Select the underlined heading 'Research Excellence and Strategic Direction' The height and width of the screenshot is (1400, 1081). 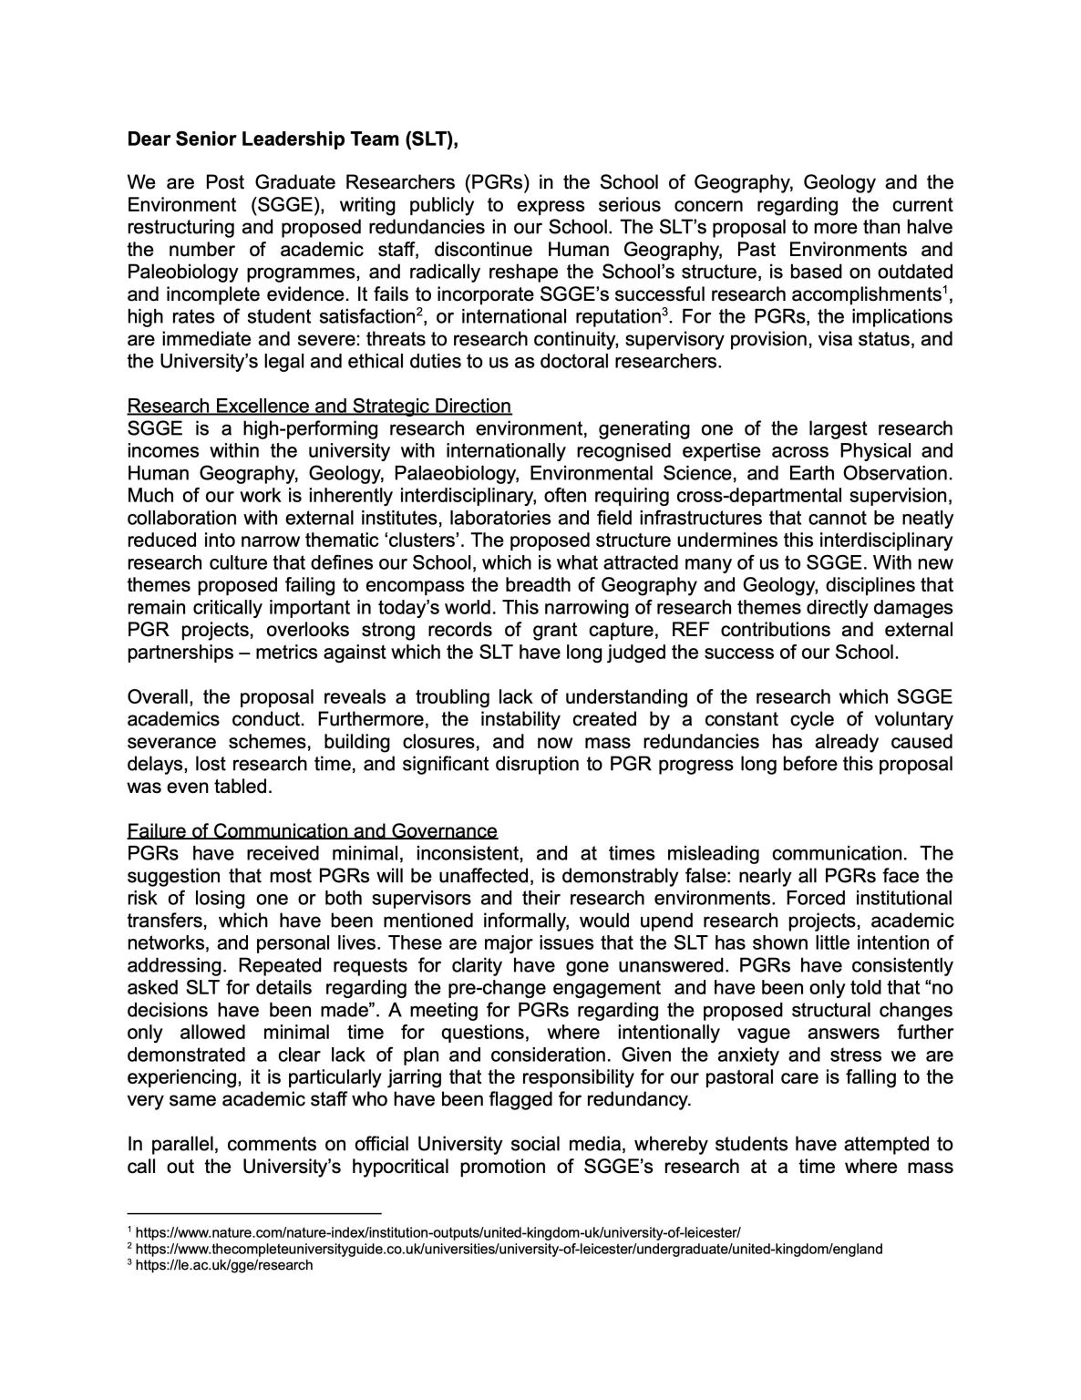click(319, 406)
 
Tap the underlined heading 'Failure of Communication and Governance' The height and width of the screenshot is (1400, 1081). click(313, 831)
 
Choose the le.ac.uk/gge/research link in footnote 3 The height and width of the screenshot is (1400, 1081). click(224, 1265)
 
